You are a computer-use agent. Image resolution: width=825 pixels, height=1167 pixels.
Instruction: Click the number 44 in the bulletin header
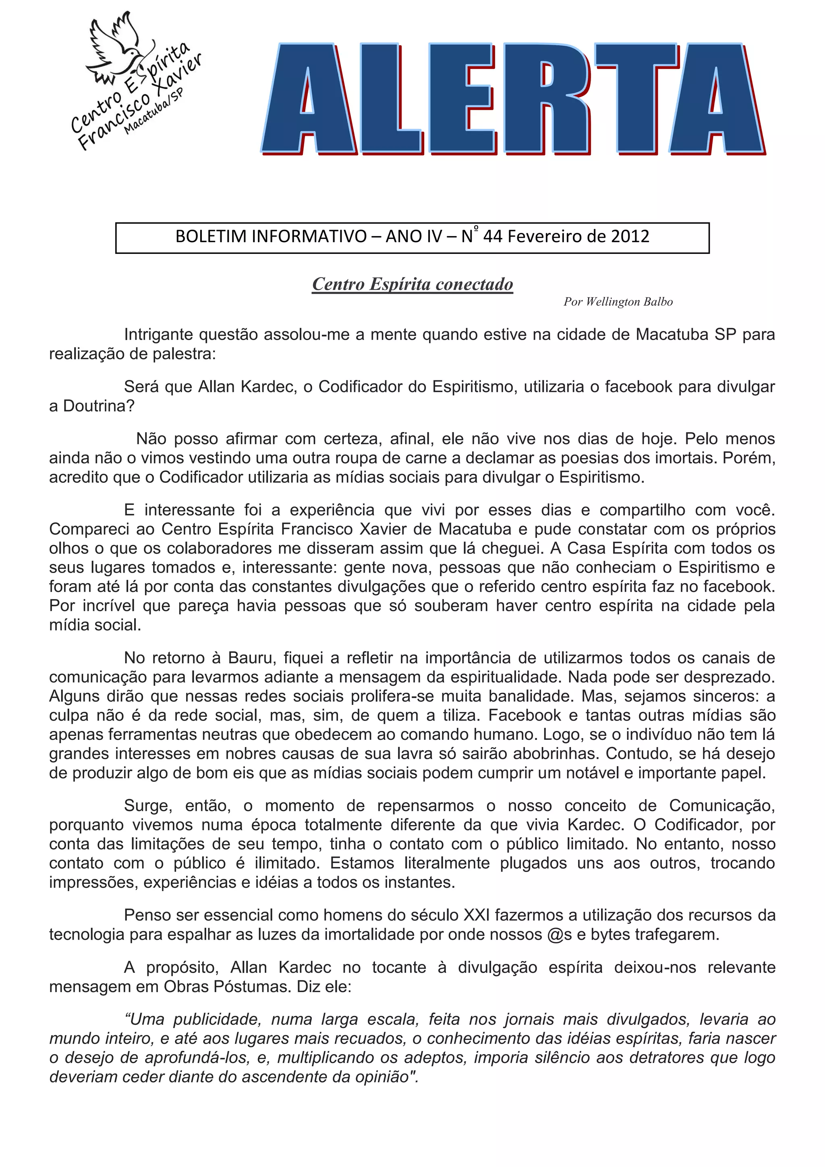coord(492,237)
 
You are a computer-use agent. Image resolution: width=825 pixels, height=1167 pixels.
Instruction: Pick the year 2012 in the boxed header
coord(630,237)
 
